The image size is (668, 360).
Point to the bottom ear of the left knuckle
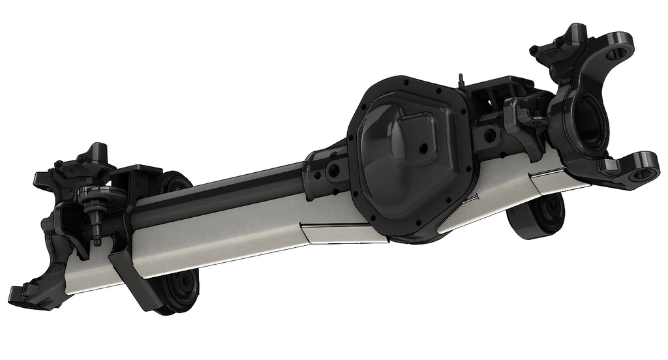click(x=29, y=293)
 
